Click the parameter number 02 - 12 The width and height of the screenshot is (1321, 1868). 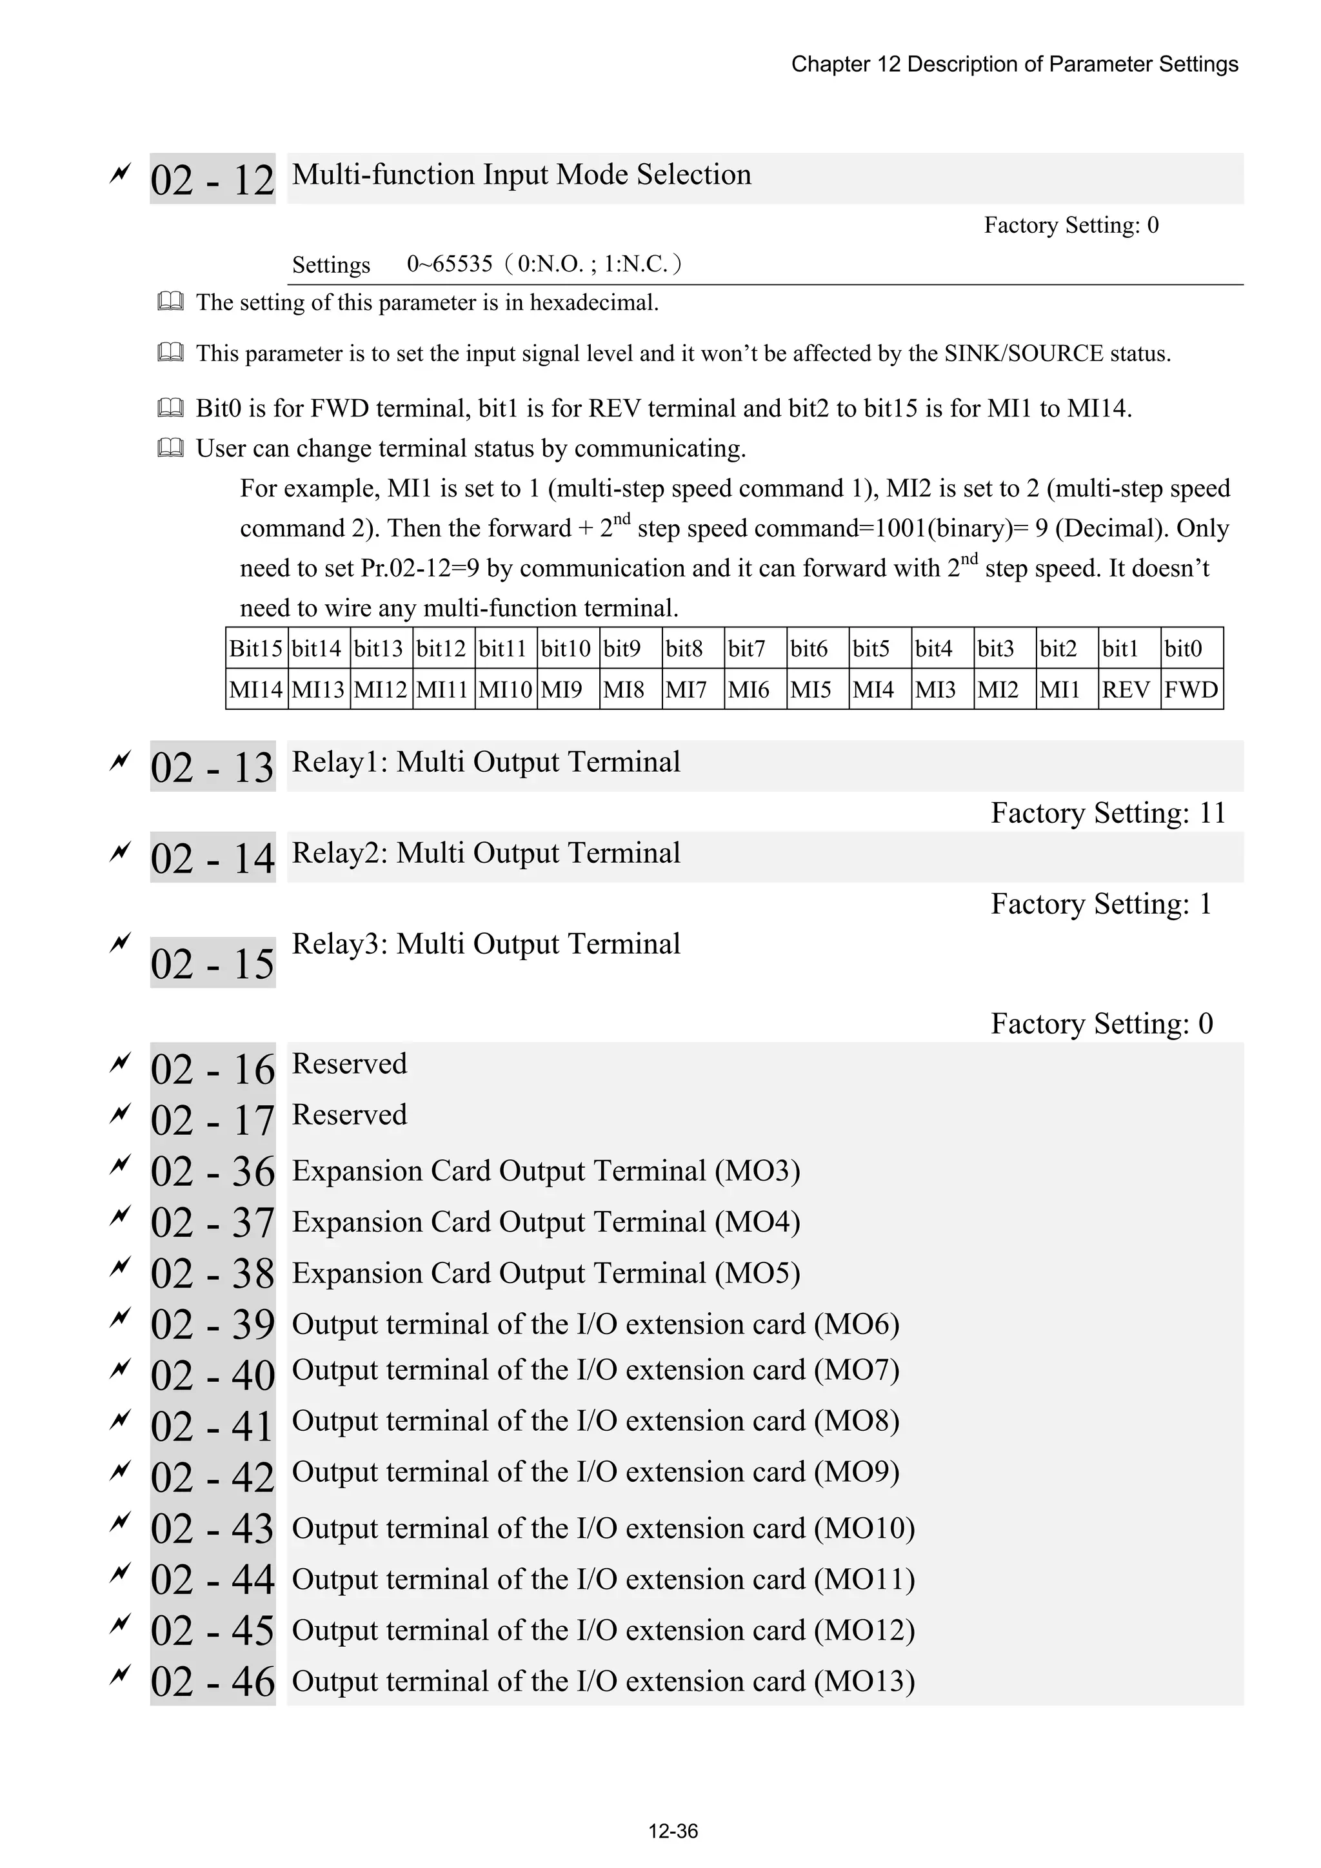212,179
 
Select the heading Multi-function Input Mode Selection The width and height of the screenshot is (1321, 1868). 521,175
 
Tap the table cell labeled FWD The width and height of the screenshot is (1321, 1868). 1191,690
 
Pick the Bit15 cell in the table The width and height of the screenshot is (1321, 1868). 255,649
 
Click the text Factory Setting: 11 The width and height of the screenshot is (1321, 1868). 1107,812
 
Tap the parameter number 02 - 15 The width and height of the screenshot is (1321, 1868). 212,963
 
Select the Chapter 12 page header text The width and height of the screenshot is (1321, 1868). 1014,64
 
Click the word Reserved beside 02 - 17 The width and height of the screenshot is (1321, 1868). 349,1115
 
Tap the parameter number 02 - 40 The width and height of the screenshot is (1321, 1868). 212,1376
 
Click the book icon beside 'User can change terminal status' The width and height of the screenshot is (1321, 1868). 170,448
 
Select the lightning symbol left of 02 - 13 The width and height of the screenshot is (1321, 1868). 119,762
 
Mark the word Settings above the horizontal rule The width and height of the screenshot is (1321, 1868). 330,265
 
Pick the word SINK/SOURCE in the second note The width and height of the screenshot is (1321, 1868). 1023,354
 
